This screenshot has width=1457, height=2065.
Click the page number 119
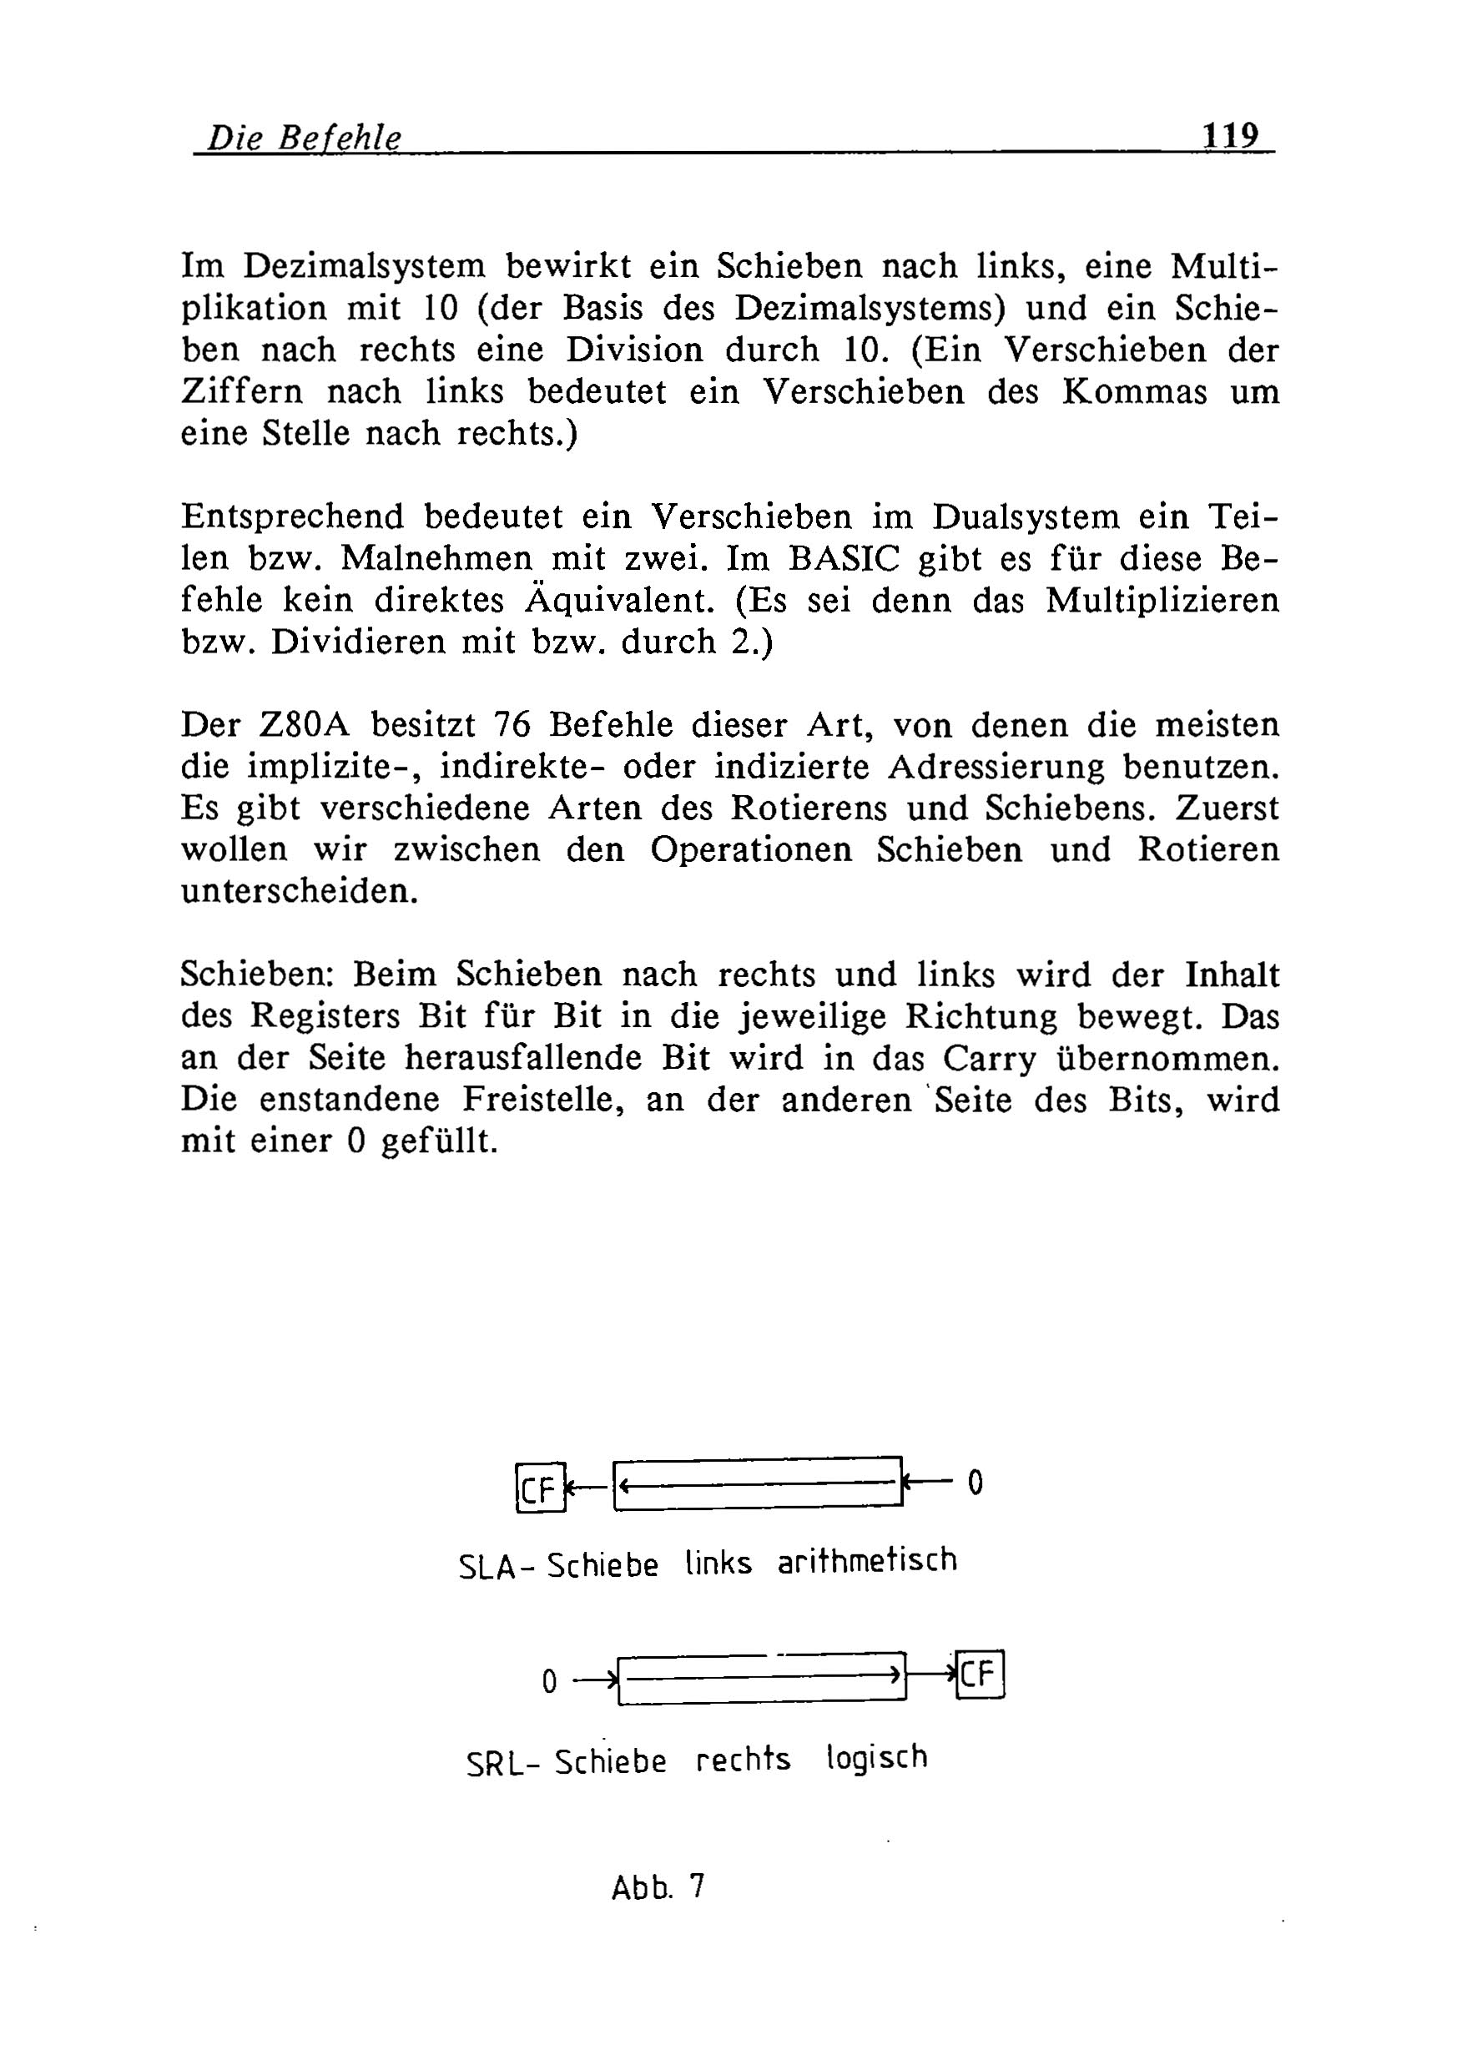(1230, 136)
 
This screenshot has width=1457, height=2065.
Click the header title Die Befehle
(304, 139)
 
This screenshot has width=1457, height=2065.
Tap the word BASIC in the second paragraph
(844, 559)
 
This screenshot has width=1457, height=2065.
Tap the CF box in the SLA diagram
(541, 1488)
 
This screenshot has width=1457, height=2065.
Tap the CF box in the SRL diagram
(980, 1674)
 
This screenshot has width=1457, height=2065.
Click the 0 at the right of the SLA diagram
(975, 1482)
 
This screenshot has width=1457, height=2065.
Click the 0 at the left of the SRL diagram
(550, 1680)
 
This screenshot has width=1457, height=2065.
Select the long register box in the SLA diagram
(757, 1483)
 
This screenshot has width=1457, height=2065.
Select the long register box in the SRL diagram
(763, 1677)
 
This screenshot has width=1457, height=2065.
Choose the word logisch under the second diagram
(876, 1756)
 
